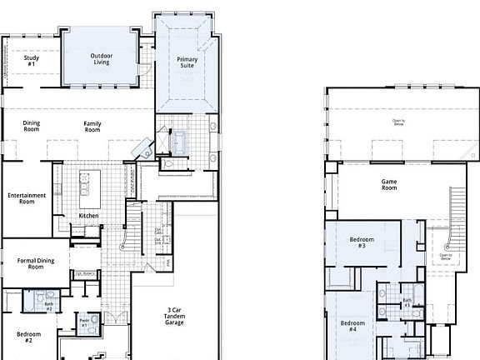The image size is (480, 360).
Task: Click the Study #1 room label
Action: click(31, 61)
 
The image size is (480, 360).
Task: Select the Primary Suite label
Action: click(185, 62)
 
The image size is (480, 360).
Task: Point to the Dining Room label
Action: click(31, 127)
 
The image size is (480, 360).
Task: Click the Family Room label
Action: click(92, 127)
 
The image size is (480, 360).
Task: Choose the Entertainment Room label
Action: click(27, 198)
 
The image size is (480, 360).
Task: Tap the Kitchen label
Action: click(89, 216)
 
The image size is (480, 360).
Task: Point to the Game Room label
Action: click(390, 184)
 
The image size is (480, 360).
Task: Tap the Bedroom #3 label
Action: click(362, 242)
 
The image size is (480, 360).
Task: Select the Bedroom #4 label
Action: click(353, 325)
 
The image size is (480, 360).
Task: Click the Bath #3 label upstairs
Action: click(407, 302)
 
